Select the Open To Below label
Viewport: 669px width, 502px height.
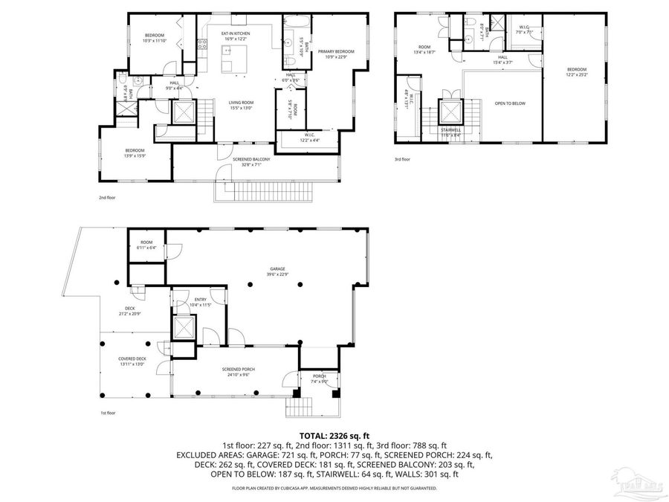pyautogui.click(x=510, y=103)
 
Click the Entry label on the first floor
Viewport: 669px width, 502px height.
pyautogui.click(x=201, y=302)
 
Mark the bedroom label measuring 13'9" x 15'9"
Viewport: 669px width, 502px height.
pyautogui.click(x=135, y=153)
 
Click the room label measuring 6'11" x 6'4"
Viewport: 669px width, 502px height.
pyautogui.click(x=147, y=245)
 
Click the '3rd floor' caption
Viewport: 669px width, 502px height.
pyautogui.click(x=402, y=159)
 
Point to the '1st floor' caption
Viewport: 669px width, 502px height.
pyautogui.click(x=109, y=412)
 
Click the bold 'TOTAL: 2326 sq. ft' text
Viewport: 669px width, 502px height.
pyautogui.click(x=334, y=435)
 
